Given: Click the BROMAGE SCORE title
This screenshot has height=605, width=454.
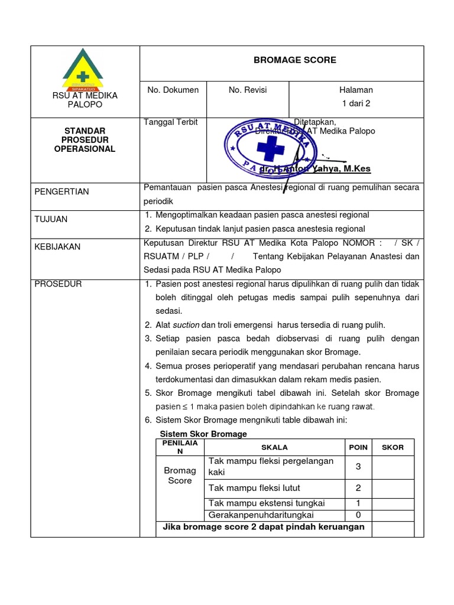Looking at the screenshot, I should (294, 60).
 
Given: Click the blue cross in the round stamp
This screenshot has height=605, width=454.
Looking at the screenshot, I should (270, 148).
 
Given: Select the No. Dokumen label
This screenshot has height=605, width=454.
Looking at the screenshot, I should (173, 90).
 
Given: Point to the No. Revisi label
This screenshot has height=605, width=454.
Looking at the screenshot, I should (248, 90).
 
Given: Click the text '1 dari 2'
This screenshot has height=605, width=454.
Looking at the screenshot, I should (356, 103).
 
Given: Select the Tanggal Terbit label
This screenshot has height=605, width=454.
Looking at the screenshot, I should (171, 122).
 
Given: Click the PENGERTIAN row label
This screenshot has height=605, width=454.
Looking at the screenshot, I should (61, 191).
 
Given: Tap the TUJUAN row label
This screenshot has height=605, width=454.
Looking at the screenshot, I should (51, 219).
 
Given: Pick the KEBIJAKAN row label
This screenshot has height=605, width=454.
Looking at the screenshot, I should (57, 246).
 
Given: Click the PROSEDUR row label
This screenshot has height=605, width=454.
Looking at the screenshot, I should (58, 284).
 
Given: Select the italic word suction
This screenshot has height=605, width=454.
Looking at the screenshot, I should (186, 325).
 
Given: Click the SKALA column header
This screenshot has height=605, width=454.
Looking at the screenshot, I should (274, 447).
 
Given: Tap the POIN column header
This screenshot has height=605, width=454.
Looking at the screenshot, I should (358, 447).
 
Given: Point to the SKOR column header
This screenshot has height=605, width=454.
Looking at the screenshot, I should (393, 447).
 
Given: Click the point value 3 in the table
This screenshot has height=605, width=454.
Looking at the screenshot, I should (358, 467).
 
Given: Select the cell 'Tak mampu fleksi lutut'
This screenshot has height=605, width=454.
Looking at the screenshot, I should (254, 488).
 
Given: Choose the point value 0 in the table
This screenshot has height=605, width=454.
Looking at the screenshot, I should (358, 515).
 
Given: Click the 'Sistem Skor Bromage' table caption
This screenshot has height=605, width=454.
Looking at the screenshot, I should (203, 434).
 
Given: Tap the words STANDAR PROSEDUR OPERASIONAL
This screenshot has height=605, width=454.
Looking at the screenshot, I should (85, 140).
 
